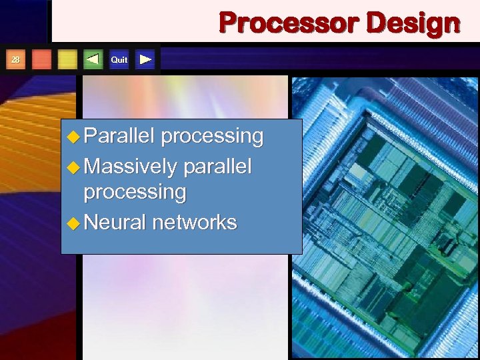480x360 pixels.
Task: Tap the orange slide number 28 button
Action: (15, 59)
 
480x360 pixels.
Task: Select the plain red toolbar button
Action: (41, 59)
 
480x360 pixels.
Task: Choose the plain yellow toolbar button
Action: (67, 59)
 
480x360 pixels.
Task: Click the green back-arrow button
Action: (93, 59)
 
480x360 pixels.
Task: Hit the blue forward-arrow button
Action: (145, 59)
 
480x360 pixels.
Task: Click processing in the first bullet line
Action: (213, 136)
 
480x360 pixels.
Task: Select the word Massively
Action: (131, 165)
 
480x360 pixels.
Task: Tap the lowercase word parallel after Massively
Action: (217, 165)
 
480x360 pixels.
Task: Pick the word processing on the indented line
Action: (135, 193)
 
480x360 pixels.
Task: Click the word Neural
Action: (115, 221)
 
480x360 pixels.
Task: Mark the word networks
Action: (195, 221)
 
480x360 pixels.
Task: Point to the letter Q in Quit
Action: (113, 60)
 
